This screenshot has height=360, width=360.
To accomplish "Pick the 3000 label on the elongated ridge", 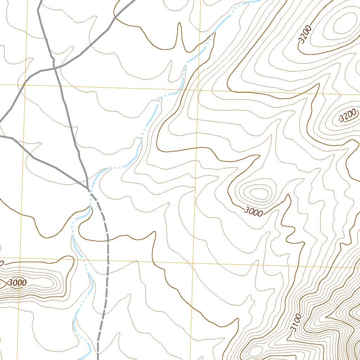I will pos(17,283).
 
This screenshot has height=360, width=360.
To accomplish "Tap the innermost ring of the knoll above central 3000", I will pos(259,192).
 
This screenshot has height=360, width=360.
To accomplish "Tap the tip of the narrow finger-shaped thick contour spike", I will pos(179,24).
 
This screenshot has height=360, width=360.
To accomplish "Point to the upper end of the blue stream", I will pos(258,1).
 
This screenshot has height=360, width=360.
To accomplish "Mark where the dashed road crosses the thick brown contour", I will pos(107,241).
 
